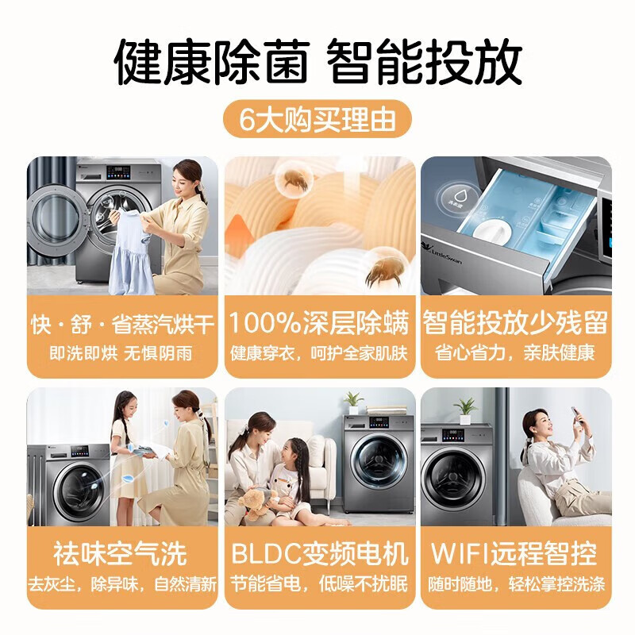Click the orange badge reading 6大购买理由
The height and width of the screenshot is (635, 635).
pos(317,119)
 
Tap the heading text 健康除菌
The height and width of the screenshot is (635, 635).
pos(211,62)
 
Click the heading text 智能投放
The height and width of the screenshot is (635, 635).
pos(424,62)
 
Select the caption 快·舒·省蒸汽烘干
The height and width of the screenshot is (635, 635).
pos(122,325)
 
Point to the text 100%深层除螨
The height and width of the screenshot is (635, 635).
pos(320,324)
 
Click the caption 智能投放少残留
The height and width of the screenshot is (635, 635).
pos(515,324)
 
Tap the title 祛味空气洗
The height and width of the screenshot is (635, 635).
pos(121,553)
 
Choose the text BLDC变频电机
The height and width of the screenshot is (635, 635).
pos(320,553)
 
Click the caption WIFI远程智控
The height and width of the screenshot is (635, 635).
pos(514,553)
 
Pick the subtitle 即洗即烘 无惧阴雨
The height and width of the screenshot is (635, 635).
pos(121,353)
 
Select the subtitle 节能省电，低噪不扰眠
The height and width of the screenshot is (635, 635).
pos(319,584)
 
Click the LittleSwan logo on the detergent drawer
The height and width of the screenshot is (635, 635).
pos(443,253)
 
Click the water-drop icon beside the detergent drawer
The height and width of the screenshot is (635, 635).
pos(459,198)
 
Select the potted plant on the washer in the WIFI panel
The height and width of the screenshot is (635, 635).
pos(465,410)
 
